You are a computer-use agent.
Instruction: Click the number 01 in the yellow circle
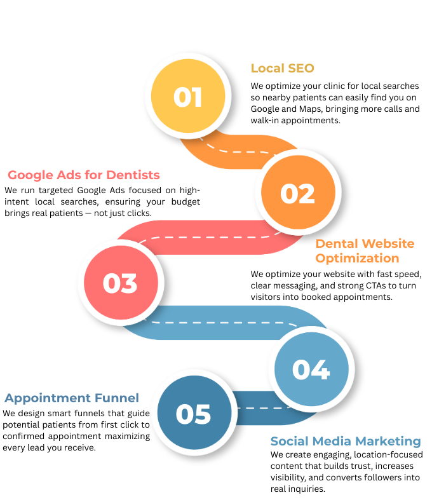pyautogui.click(x=187, y=97)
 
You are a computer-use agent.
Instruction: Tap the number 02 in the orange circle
pyautogui.click(x=298, y=193)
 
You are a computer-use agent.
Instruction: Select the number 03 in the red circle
pyautogui.click(x=121, y=283)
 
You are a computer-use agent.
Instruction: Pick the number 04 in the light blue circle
pyautogui.click(x=311, y=369)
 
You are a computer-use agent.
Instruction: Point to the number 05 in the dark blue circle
pyautogui.click(x=193, y=414)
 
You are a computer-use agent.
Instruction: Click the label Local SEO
pyautogui.click(x=283, y=68)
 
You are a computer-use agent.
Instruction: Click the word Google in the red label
pyautogui.click(x=29, y=175)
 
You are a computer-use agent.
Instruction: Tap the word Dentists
pyautogui.click(x=133, y=175)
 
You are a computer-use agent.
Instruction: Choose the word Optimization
pyautogui.click(x=357, y=258)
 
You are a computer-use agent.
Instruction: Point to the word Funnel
pyautogui.click(x=116, y=398)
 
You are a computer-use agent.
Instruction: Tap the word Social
pyautogui.click(x=288, y=441)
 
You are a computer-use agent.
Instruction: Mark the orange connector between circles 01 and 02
pyautogui.click(x=241, y=152)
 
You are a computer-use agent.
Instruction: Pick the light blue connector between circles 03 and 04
pyautogui.click(x=222, y=323)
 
